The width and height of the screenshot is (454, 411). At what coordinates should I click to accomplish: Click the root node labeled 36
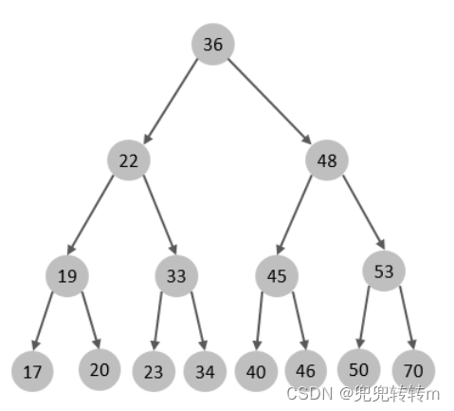pyautogui.click(x=213, y=44)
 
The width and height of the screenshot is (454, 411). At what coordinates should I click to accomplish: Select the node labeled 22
pyautogui.click(x=129, y=160)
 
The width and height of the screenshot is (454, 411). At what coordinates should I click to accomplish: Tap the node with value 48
pyautogui.click(x=327, y=160)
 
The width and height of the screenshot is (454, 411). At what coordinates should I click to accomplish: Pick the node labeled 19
pyautogui.click(x=67, y=276)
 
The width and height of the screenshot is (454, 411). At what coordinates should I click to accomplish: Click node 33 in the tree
pyautogui.click(x=176, y=276)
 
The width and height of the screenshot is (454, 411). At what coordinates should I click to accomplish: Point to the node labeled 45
pyautogui.click(x=277, y=276)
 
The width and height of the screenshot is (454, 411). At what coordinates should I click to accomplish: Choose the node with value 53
pyautogui.click(x=384, y=271)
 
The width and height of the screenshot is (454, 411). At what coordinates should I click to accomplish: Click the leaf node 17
pyautogui.click(x=32, y=371)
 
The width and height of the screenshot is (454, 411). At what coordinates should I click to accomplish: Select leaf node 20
pyautogui.click(x=100, y=369)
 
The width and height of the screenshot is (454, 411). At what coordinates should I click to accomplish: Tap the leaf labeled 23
pyautogui.click(x=154, y=371)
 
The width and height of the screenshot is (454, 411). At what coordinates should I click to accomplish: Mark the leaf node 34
pyautogui.click(x=205, y=371)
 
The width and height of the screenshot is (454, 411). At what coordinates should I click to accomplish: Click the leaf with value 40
pyautogui.click(x=256, y=371)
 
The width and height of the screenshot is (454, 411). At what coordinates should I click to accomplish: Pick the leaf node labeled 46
pyautogui.click(x=306, y=370)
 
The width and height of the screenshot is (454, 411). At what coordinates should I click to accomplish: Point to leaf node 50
pyautogui.click(x=359, y=369)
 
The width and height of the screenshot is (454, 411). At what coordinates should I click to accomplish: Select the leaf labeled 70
pyautogui.click(x=413, y=370)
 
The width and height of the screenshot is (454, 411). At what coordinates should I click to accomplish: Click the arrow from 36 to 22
pyautogui.click(x=171, y=102)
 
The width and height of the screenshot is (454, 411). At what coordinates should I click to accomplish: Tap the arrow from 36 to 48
pyautogui.click(x=270, y=102)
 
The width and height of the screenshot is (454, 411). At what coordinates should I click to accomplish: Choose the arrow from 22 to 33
pyautogui.click(x=160, y=215)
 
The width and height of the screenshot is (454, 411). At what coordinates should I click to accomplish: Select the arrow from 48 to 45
pyautogui.click(x=294, y=215)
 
